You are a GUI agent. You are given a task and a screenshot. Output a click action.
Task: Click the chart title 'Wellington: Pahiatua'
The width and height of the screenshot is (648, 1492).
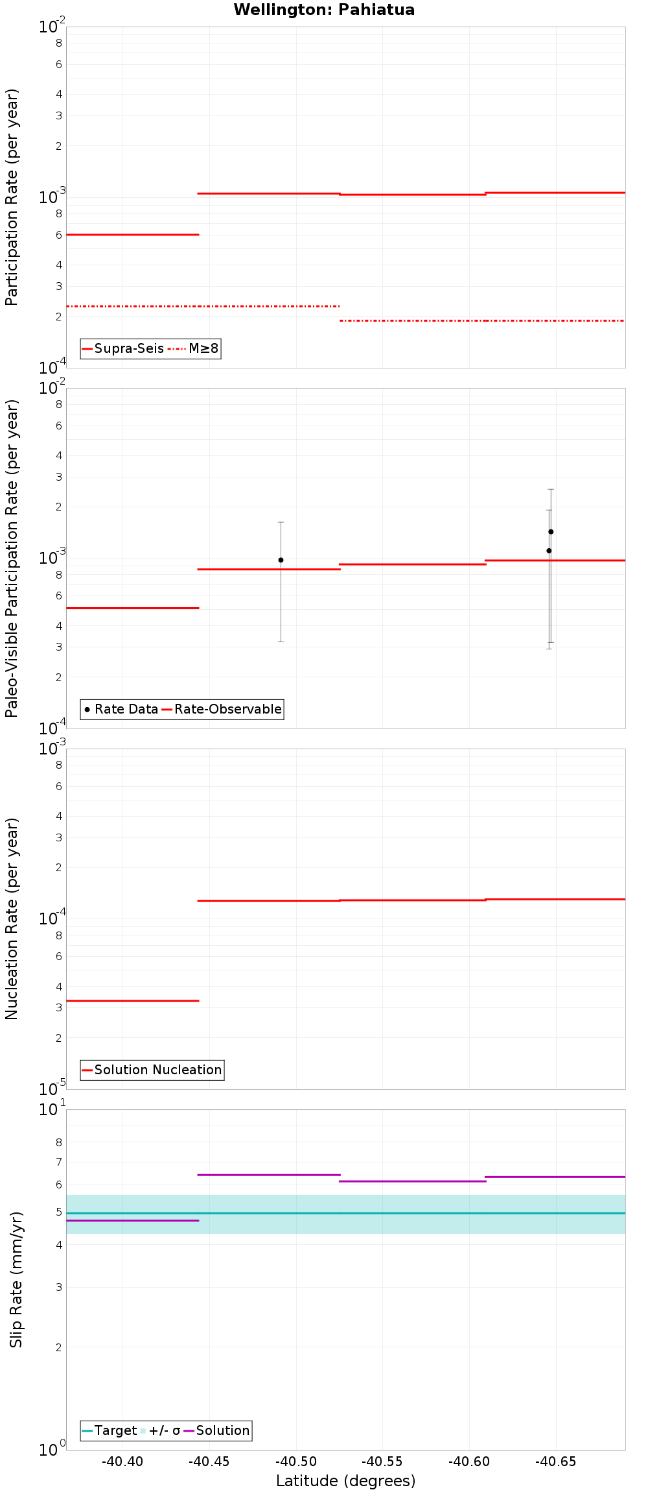pos(324,10)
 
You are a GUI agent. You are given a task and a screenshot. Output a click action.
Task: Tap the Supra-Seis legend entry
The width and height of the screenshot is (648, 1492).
pos(123,348)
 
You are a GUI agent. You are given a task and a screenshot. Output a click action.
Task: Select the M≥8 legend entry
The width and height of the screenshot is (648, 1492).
pos(194,348)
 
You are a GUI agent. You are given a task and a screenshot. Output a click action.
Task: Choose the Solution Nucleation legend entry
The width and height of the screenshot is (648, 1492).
pos(152,1070)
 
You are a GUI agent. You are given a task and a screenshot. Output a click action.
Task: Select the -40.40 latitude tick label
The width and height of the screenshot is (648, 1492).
pos(123,1462)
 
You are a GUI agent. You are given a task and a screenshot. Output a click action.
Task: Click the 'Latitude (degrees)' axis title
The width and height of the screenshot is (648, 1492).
pos(345,1481)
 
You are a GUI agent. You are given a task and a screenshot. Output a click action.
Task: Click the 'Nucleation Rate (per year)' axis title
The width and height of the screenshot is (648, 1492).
pos(12,919)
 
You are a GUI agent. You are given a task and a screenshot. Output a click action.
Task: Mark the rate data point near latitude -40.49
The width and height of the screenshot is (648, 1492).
pos(281,560)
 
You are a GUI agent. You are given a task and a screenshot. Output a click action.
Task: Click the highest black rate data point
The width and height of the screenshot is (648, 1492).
pos(551,532)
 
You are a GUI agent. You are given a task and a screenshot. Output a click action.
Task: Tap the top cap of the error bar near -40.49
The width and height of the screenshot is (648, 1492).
pos(281,522)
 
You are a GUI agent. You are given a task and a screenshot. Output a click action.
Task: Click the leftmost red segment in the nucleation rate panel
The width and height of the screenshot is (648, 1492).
pos(133,1001)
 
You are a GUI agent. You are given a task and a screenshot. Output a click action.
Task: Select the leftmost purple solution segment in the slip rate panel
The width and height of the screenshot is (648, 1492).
pos(133,1221)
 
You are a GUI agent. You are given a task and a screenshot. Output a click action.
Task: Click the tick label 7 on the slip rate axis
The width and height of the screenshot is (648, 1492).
pos(59,1162)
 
